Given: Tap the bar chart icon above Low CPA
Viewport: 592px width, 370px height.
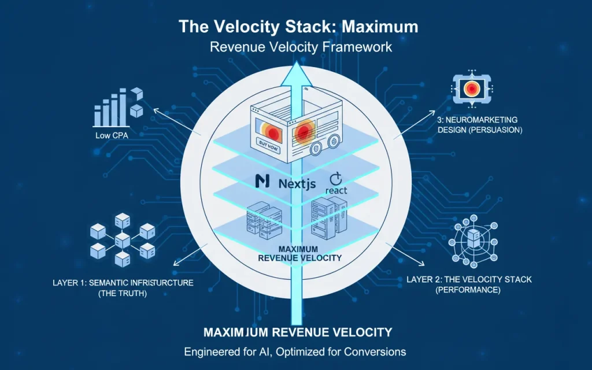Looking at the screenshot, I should pyautogui.click(x=116, y=109).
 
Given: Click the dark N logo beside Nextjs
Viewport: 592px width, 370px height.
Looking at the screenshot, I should pyautogui.click(x=262, y=182).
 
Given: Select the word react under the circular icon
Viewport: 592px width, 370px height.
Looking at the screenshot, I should pyautogui.click(x=336, y=190).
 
